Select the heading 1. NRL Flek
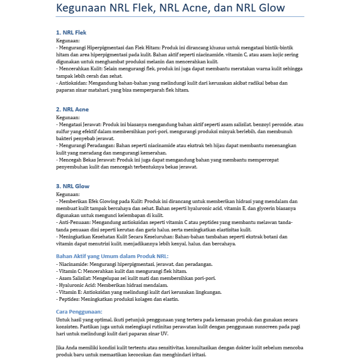(71, 32)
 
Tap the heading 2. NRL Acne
(72, 109)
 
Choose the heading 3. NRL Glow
(73, 186)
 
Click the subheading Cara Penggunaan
(79, 312)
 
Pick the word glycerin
(268, 208)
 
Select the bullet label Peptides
(69, 299)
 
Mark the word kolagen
(144, 299)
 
